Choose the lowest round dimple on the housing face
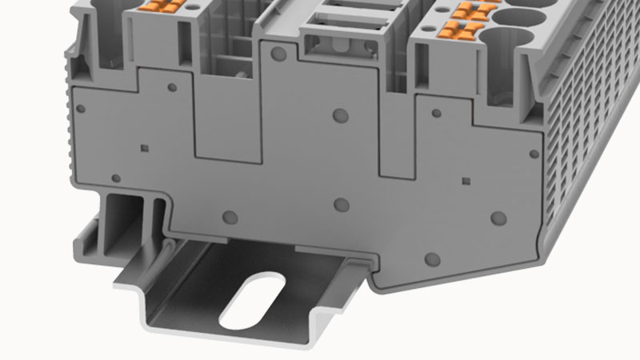coord(432,258)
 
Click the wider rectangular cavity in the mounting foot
coord(118,214)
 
